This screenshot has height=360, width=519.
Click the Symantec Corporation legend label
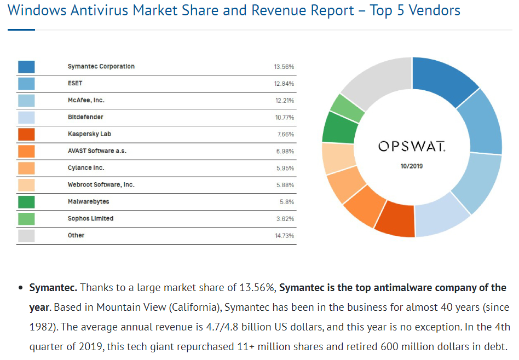101,67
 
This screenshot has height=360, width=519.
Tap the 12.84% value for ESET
284,84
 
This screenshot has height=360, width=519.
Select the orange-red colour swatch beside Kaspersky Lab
26,134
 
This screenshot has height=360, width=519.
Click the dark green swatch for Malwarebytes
26,202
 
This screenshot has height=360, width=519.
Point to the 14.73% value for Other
284,236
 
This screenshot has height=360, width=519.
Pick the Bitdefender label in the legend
85,117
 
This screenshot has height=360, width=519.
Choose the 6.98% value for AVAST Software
285,151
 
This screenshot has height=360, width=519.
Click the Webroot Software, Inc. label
101,185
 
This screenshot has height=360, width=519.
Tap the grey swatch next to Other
26,236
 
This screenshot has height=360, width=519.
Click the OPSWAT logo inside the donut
412,146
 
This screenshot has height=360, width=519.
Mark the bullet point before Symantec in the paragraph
20,288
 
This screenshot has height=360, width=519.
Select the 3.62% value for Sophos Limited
285,219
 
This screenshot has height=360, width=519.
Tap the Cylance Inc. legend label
86,168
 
